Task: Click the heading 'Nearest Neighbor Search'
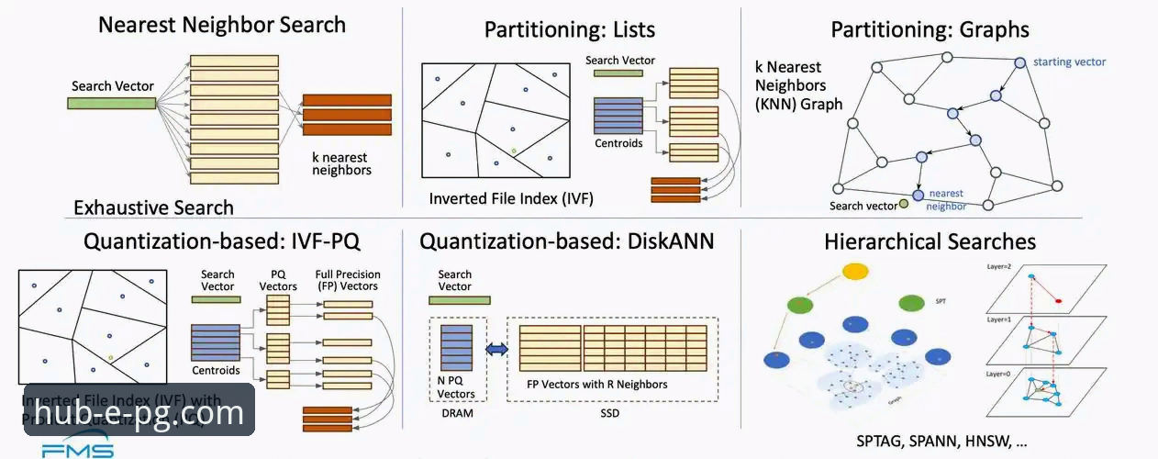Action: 222,24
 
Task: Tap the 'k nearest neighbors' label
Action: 341,163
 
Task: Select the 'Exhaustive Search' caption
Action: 153,207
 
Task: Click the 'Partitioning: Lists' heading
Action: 569,29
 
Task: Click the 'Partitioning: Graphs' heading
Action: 930,29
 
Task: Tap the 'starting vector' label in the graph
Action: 1069,62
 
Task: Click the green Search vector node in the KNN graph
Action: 904,204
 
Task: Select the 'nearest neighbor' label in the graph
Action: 946,199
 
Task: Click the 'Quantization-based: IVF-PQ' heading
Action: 221,241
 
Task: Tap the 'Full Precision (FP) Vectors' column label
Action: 347,280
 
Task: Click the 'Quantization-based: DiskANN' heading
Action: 566,241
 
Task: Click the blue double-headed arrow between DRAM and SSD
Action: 496,349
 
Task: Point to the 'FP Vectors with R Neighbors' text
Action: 596,384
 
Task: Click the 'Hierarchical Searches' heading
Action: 930,241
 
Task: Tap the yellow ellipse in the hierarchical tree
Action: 855,273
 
